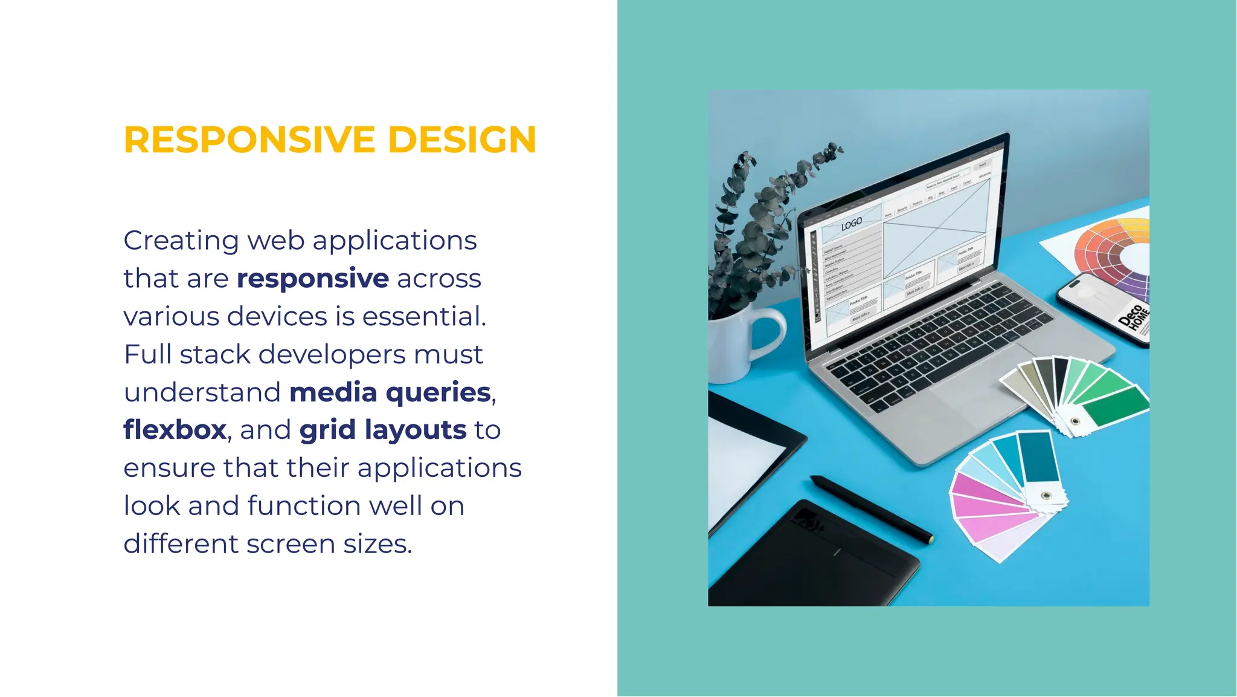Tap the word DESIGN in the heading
tap(462, 140)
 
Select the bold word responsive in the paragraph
tap(312, 279)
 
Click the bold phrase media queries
tap(390, 392)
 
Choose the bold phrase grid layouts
tap(383, 430)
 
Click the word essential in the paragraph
tap(422, 317)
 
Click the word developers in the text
tap(332, 355)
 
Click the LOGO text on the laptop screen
tap(852, 224)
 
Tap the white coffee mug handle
tap(770, 332)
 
